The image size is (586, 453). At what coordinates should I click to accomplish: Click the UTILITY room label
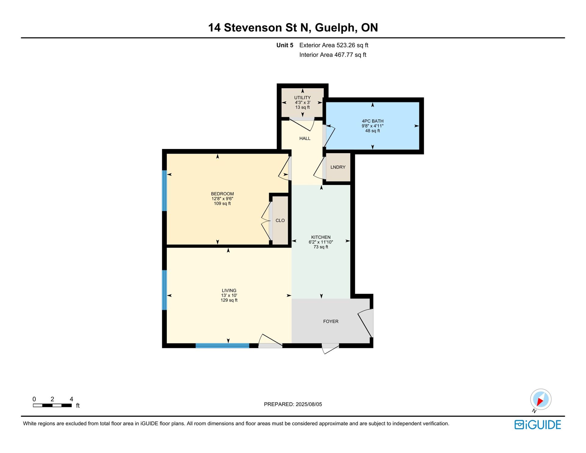(302, 98)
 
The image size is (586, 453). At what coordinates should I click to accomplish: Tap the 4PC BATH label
(372, 121)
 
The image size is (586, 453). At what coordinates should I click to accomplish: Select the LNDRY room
(338, 167)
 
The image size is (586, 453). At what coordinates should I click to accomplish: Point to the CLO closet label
(280, 220)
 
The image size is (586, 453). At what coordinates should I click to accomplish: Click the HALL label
(305, 139)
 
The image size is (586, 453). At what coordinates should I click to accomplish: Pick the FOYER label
(331, 321)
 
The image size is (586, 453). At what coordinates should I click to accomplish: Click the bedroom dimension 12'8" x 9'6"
(222, 199)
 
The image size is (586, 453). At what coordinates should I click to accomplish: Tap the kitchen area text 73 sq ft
(321, 247)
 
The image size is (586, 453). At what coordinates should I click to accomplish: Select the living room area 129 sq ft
(229, 300)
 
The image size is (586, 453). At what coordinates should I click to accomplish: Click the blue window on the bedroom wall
(164, 191)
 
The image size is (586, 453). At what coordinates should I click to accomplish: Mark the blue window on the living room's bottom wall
(222, 346)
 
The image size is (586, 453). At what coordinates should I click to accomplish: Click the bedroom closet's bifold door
(266, 221)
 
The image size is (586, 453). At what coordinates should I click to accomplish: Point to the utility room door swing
(302, 124)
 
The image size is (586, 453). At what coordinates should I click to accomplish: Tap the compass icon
(541, 399)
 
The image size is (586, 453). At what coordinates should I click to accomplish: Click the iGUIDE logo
(538, 425)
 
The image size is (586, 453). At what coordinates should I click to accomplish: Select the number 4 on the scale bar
(71, 399)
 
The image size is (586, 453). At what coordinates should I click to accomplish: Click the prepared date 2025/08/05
(309, 404)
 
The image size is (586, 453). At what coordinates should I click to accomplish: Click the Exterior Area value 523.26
(346, 45)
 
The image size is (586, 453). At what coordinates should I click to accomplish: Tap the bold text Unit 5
(285, 45)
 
